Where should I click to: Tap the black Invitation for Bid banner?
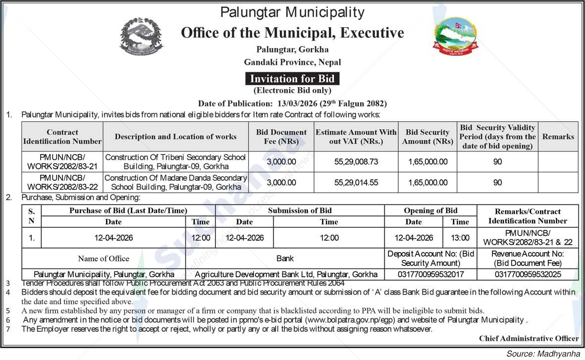pos(292,79)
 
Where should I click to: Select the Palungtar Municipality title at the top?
pos(292,12)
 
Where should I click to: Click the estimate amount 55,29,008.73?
pos(356,162)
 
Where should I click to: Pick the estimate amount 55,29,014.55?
pos(356,182)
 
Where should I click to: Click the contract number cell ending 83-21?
pos(62,162)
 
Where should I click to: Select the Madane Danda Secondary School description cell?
pos(175,182)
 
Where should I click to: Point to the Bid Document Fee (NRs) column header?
pos(281,137)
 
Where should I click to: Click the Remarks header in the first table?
pos(558,137)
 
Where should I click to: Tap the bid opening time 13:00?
pos(460,238)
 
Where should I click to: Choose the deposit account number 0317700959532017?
pos(431,274)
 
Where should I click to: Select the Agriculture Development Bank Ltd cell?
pos(286,274)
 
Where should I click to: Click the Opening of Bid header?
pos(430,210)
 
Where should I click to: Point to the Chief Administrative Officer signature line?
pos(529,338)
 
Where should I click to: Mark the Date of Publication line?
pos(292,103)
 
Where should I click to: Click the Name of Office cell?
pos(104,258)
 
